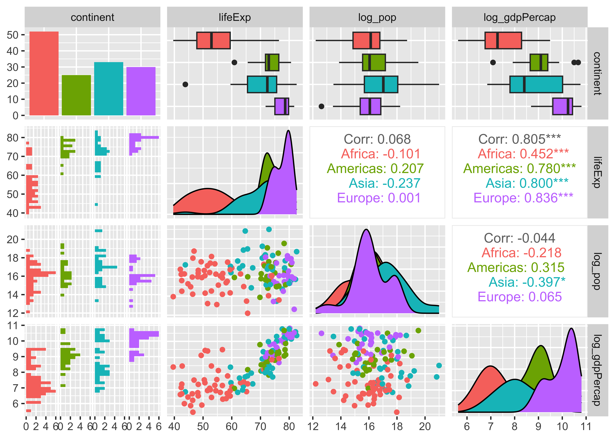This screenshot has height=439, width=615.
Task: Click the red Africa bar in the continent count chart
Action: pyautogui.click(x=44, y=74)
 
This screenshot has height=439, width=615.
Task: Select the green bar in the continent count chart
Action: pyautogui.click(x=76, y=95)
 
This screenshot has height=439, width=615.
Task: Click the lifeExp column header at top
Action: pyautogui.click(x=235, y=17)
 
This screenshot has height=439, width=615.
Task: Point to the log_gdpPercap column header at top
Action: pyautogui.click(x=520, y=17)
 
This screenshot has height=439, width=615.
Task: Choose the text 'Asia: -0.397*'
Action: pyautogui.click(x=527, y=282)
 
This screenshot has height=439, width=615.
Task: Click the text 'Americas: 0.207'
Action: pyautogui.click(x=375, y=168)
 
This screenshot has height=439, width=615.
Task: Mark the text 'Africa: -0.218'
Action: pyautogui.click(x=521, y=253)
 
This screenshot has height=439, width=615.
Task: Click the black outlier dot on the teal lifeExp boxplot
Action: pyautogui.click(x=185, y=84)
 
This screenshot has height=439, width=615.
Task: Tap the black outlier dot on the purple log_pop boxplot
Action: pyautogui.click(x=321, y=106)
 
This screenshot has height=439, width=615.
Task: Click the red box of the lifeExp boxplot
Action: pyautogui.click(x=213, y=41)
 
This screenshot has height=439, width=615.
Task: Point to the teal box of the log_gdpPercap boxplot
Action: pyautogui.click(x=536, y=84)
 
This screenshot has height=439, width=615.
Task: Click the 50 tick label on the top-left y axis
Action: pyautogui.click(x=13, y=35)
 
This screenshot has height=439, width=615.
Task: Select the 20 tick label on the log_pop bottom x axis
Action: pyautogui.click(x=425, y=427)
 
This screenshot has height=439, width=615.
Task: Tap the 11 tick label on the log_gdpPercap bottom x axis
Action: pyautogui.click(x=586, y=427)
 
